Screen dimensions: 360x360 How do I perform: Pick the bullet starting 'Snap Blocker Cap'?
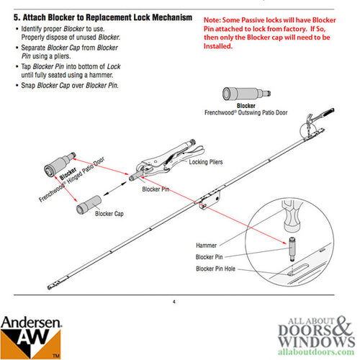(x=66, y=86)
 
